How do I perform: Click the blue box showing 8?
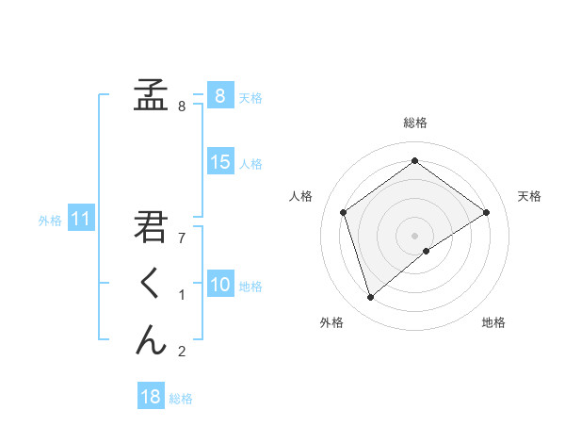219,95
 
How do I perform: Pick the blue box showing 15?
219,162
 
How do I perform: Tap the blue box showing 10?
219,285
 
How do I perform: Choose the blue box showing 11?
80,220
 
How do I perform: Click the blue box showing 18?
151,397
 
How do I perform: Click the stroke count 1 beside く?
182,295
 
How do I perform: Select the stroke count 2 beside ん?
182,352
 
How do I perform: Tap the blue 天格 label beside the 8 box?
250,97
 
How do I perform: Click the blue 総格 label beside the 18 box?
181,399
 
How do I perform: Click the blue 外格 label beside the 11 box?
50,221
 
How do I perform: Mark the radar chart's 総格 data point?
414,161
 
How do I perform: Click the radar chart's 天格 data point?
486,212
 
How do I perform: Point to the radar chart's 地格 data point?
427,251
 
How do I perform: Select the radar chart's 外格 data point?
371,298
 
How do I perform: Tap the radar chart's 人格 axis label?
300,196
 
